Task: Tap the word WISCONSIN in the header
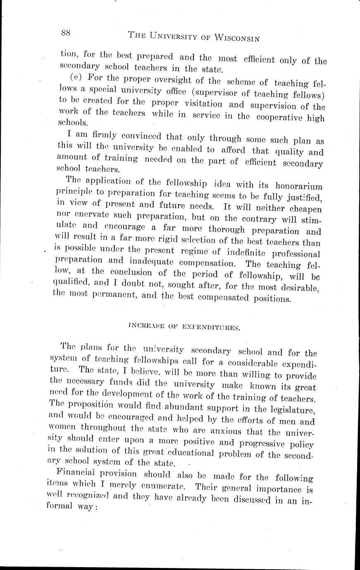pyautogui.click(x=234, y=38)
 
